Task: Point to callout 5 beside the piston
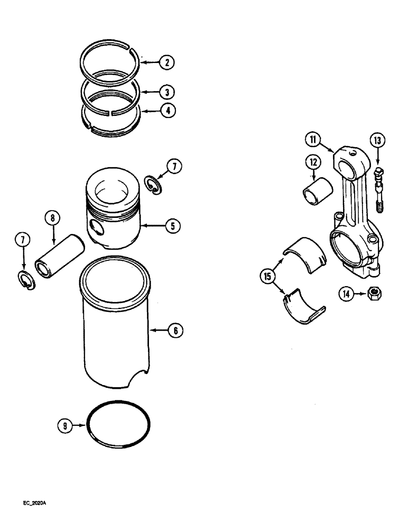coord(172,226)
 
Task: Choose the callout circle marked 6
coord(175,331)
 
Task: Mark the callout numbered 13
coord(377,141)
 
